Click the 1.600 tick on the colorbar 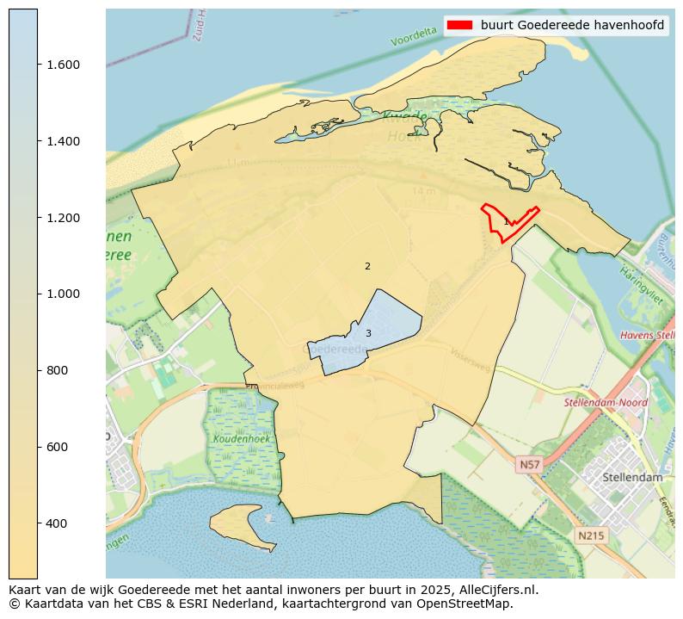point(63,65)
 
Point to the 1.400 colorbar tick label point(63,141)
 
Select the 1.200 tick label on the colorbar point(63,218)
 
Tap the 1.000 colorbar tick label point(63,294)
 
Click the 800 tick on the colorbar point(56,370)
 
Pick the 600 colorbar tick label point(56,447)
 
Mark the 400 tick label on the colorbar point(56,523)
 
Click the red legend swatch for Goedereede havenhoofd point(460,25)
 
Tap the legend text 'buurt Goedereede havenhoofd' point(572,25)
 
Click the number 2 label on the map point(367,266)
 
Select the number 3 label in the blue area point(368,333)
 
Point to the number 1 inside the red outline point(506,222)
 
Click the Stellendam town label point(632,477)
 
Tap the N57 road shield point(530,465)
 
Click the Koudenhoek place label point(242,439)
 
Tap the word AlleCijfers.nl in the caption point(497,590)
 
